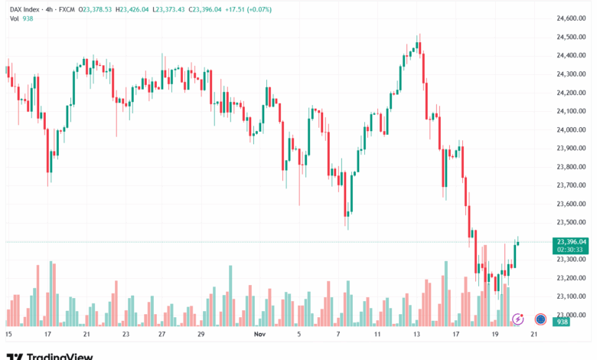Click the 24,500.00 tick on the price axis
pyautogui.click(x=571, y=37)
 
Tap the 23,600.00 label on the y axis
pyautogui.click(x=571, y=204)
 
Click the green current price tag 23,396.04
pyautogui.click(x=571, y=241)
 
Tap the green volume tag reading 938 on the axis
pyautogui.click(x=561, y=322)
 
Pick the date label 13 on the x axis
pyautogui.click(x=416, y=335)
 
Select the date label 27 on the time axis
pyautogui.click(x=161, y=335)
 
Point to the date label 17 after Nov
pyautogui.click(x=455, y=335)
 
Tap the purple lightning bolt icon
pyautogui.click(x=518, y=319)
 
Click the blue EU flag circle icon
pyautogui.click(x=540, y=319)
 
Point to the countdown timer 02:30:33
pyautogui.click(x=571, y=250)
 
